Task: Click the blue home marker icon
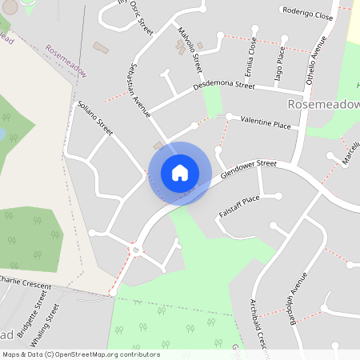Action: tap(180, 173)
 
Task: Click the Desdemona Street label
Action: tap(223, 86)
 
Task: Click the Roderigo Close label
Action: tap(306, 13)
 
